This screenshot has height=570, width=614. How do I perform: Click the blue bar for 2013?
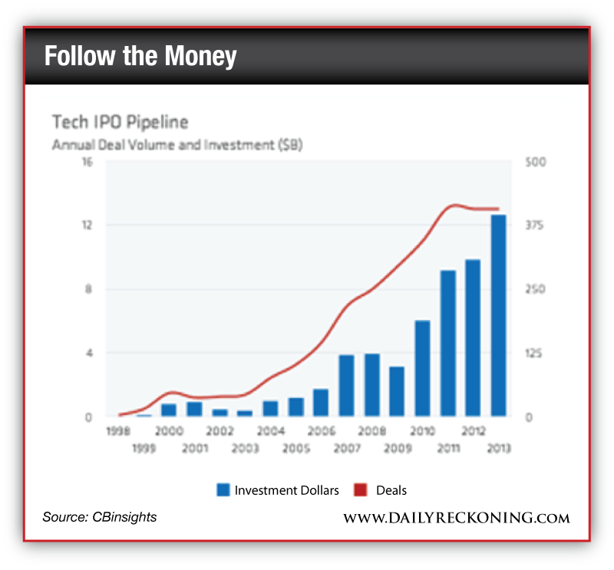click(498, 316)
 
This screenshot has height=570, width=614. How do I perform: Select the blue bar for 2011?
click(447, 343)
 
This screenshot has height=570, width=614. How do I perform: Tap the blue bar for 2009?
click(397, 391)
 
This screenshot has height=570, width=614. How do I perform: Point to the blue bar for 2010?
click(422, 368)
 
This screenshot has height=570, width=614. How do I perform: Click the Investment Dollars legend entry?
click(278, 490)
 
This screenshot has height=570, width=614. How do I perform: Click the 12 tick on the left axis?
click(87, 225)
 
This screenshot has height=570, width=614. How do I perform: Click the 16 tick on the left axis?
click(87, 163)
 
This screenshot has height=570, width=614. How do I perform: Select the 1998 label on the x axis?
click(118, 432)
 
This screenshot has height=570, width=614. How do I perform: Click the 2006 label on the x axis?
click(321, 432)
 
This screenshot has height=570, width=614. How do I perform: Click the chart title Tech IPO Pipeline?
click(119, 122)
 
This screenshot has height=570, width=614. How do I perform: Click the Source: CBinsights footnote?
click(100, 517)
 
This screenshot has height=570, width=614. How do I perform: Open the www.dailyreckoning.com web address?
click(456, 518)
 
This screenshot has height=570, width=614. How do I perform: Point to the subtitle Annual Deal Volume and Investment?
click(177, 144)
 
